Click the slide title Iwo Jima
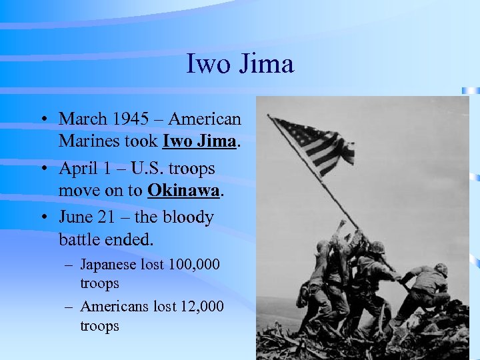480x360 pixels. [239, 65]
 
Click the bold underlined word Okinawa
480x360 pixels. [183, 191]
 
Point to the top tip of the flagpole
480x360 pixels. [268, 115]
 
